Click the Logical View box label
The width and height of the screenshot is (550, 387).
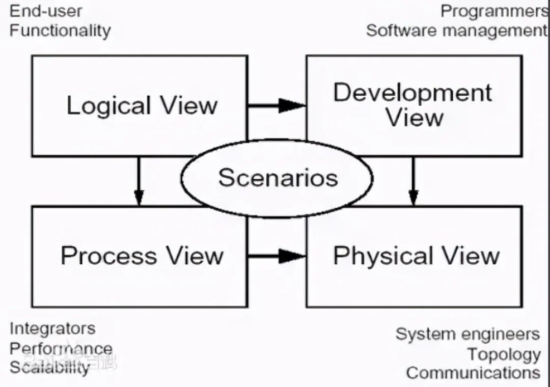(x=142, y=106)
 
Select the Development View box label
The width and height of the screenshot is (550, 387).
(x=413, y=105)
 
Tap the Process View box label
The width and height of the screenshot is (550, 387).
(x=142, y=256)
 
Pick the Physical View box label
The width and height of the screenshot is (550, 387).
(x=416, y=256)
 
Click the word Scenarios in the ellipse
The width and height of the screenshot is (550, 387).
(x=278, y=178)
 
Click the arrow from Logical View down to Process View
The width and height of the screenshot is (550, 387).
(x=139, y=181)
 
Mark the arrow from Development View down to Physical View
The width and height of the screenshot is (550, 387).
(x=414, y=181)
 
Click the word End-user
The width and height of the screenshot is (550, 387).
(x=46, y=11)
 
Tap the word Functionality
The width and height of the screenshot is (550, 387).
(x=60, y=30)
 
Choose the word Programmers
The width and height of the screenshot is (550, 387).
(x=494, y=11)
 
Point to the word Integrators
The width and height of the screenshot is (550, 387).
(x=52, y=328)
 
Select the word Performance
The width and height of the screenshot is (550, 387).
(x=61, y=348)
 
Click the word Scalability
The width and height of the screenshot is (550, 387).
(x=49, y=367)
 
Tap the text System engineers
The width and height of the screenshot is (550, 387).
(x=468, y=335)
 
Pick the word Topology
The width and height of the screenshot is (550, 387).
(x=504, y=354)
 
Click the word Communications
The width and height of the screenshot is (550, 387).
(x=473, y=373)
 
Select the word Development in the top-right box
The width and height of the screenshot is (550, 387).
(x=413, y=93)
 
